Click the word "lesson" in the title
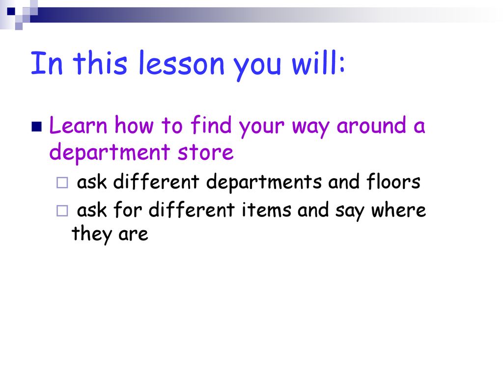[x=181, y=63]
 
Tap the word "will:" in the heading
[x=318, y=63]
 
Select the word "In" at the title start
[x=46, y=63]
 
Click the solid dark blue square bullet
[x=36, y=127]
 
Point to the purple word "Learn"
[x=78, y=125]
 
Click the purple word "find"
[x=211, y=125]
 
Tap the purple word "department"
[x=110, y=153]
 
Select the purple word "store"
[x=206, y=153]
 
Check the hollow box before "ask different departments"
[x=62, y=183]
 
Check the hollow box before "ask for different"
[x=62, y=211]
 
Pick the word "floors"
[x=393, y=182]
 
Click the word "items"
[x=266, y=210]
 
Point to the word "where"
[x=398, y=210]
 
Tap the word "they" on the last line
[x=92, y=234]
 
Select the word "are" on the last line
[x=133, y=235]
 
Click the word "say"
[x=350, y=212]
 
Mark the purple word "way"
[x=310, y=127]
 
